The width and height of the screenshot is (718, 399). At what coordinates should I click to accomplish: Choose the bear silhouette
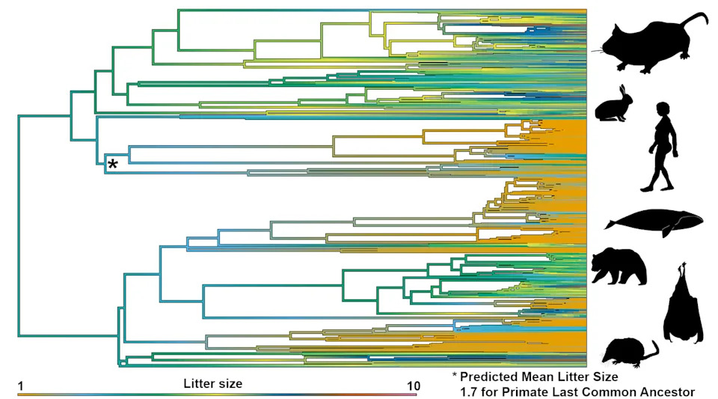pyautogui.click(x=619, y=267)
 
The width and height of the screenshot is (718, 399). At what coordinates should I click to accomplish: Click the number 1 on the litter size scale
pyautogui.click(x=21, y=386)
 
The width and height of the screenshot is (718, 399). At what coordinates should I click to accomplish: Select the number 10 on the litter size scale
pyautogui.click(x=412, y=386)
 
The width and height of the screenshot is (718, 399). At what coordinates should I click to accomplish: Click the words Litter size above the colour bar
pyautogui.click(x=212, y=383)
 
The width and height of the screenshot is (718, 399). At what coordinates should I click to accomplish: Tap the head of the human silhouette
pyautogui.click(x=664, y=109)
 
